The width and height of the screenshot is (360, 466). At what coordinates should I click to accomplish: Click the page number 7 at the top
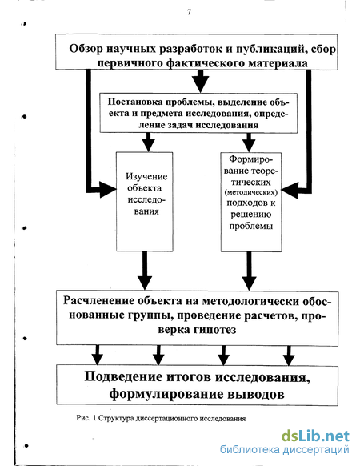[x=190, y=12]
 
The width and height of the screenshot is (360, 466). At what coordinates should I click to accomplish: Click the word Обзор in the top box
[x=86, y=49]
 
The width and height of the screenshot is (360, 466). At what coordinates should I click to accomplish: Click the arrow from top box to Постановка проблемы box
[x=201, y=81]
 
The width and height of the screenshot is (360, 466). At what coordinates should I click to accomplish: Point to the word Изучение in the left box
[x=146, y=176]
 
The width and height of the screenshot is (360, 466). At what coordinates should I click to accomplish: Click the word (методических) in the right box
[x=251, y=192]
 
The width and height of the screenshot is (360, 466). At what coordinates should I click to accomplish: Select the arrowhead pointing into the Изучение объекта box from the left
[x=107, y=189]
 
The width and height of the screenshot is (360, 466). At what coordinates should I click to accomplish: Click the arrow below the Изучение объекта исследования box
[x=145, y=271]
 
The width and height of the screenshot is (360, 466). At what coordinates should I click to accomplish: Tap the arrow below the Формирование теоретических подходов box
[x=249, y=271]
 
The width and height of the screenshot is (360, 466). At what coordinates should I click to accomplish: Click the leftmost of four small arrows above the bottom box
[x=97, y=356]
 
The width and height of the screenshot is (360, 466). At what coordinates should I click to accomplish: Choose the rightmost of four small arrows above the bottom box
[x=289, y=356]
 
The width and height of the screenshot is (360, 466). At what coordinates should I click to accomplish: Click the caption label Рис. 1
[x=86, y=418]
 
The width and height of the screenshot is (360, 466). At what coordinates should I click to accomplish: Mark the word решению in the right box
[x=251, y=215]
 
